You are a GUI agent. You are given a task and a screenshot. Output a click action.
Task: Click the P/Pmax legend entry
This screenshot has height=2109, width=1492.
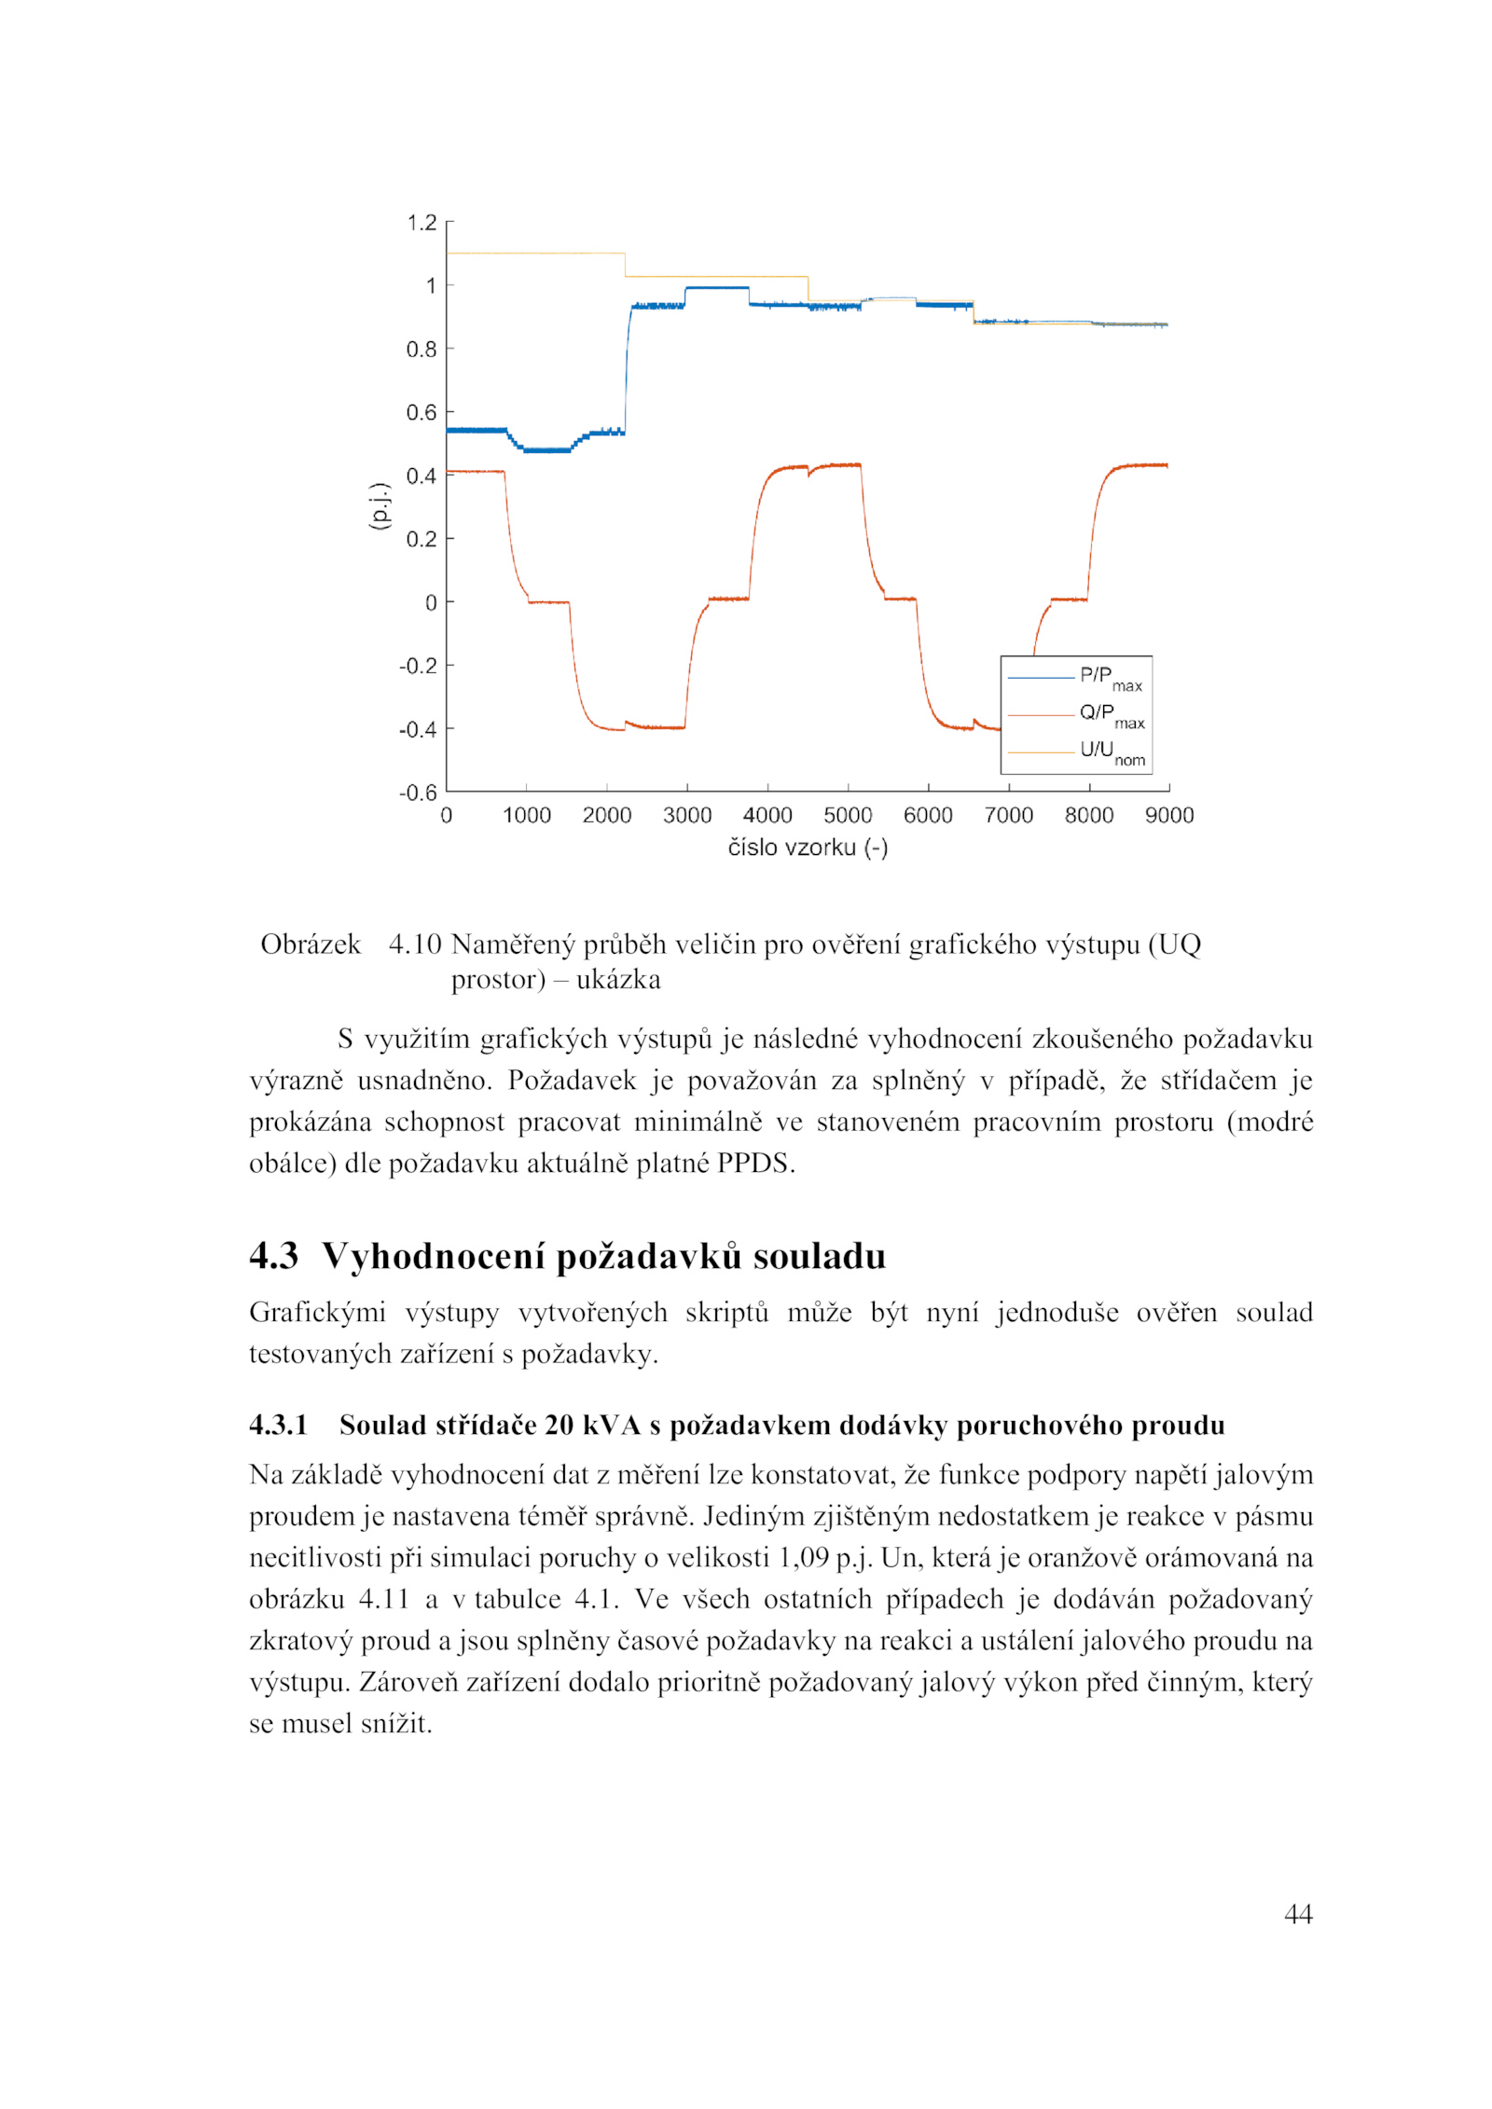click(x=1110, y=677)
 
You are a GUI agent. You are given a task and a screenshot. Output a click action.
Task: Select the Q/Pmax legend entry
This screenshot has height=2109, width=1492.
click(x=1111, y=714)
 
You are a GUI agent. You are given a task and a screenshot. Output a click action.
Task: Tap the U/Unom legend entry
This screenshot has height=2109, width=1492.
click(x=1112, y=751)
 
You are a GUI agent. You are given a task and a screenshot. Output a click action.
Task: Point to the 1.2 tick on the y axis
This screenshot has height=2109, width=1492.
click(x=421, y=222)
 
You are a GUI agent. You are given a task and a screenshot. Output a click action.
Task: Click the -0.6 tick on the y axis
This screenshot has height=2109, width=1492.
click(x=418, y=793)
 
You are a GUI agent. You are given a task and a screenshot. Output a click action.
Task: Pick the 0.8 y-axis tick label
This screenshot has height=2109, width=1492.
click(x=421, y=349)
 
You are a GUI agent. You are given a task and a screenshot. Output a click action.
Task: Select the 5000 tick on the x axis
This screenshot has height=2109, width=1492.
click(x=847, y=816)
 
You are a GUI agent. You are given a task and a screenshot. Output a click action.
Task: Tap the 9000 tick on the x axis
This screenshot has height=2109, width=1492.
click(x=1168, y=816)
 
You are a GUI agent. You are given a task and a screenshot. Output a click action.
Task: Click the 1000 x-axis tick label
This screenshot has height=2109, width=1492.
click(x=526, y=816)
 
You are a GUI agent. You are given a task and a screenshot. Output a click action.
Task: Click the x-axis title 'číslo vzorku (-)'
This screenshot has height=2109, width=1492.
click(x=808, y=848)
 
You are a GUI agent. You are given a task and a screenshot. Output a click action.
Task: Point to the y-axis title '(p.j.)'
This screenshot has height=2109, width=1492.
click(x=378, y=506)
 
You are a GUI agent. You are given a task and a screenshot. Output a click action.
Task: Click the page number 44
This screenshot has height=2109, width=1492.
click(x=1298, y=1914)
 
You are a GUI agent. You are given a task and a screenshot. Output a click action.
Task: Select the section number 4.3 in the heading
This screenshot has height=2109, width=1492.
click(x=273, y=1256)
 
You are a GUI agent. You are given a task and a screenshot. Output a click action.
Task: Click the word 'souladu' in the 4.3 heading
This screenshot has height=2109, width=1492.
click(x=819, y=1256)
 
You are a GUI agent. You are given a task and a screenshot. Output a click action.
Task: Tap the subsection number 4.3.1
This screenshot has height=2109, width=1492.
click(x=278, y=1425)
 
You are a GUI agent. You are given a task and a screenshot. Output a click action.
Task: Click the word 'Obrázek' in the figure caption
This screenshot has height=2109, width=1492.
click(x=311, y=944)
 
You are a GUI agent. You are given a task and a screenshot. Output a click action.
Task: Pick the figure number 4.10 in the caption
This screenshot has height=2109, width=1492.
click(x=415, y=944)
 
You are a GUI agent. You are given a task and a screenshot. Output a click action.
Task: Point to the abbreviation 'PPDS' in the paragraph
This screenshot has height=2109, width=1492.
click(x=753, y=1164)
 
